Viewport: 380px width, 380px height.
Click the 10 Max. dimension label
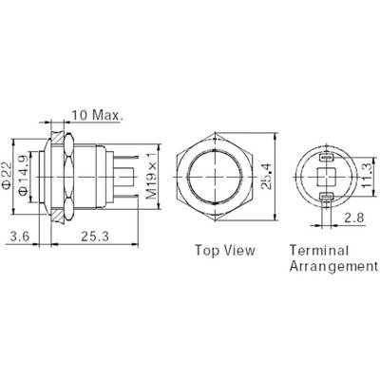pos(97,115)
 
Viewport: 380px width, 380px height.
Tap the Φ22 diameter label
pos(7,176)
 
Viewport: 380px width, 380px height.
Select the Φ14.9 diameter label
pos(25,175)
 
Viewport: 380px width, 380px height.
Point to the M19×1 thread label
pos(152,176)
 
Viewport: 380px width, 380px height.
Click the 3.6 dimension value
pos(20,236)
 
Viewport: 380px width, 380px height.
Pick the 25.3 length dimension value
pos(95,236)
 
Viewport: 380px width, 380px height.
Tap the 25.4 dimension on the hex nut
pos(268,177)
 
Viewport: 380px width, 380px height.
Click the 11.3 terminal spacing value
pos(367,176)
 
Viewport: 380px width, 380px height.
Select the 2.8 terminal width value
pos(354,218)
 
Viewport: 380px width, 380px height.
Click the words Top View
pos(224,250)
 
